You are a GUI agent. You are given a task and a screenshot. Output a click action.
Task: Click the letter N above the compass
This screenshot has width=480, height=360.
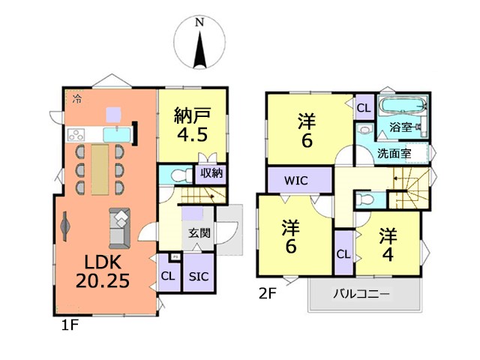pyautogui.click(x=199, y=22)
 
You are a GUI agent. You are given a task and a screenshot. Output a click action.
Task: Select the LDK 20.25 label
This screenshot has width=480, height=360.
pyautogui.click(x=103, y=271)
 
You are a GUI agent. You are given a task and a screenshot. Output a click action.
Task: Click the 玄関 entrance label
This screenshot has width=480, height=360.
pyautogui.click(x=199, y=233)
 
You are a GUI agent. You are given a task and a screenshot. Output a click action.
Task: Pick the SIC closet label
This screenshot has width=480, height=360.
pyautogui.click(x=199, y=277)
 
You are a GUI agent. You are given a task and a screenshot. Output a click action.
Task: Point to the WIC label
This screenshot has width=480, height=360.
pyautogui.click(x=296, y=181)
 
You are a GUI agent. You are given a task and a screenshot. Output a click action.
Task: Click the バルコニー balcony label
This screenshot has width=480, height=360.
pyautogui.click(x=361, y=294)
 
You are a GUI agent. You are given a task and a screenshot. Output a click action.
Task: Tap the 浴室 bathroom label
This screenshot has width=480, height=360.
pyautogui.click(x=400, y=127)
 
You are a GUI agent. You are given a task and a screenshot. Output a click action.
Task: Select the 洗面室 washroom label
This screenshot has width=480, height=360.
pyautogui.click(x=394, y=153)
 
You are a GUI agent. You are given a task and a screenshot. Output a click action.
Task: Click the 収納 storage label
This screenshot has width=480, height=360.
pyautogui.click(x=211, y=173)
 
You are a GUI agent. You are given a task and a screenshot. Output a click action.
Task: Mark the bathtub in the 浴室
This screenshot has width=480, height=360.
pyautogui.click(x=403, y=105)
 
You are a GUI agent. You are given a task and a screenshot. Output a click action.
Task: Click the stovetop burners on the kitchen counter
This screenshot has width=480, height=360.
pyautogui.click(x=76, y=135)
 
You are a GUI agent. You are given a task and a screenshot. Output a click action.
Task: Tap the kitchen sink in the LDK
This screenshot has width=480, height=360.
pyautogui.click(x=117, y=135)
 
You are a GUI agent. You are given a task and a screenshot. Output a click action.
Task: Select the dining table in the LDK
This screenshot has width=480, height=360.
pyautogui.click(x=100, y=169)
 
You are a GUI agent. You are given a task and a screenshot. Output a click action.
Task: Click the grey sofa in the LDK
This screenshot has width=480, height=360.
pyautogui.click(x=120, y=228)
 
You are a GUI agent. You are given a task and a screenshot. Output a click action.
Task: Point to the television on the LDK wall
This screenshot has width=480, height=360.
pyautogui.click(x=66, y=226)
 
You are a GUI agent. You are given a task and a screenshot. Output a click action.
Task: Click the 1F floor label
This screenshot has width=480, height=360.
pyautogui.click(x=70, y=325)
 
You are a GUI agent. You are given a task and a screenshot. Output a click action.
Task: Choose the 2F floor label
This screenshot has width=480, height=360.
pyautogui.click(x=268, y=294)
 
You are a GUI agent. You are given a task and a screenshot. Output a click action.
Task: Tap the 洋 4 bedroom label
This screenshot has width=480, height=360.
pyautogui.click(x=388, y=244)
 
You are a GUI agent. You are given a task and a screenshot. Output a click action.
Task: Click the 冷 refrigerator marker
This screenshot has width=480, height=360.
pyautogui.click(x=78, y=98)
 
